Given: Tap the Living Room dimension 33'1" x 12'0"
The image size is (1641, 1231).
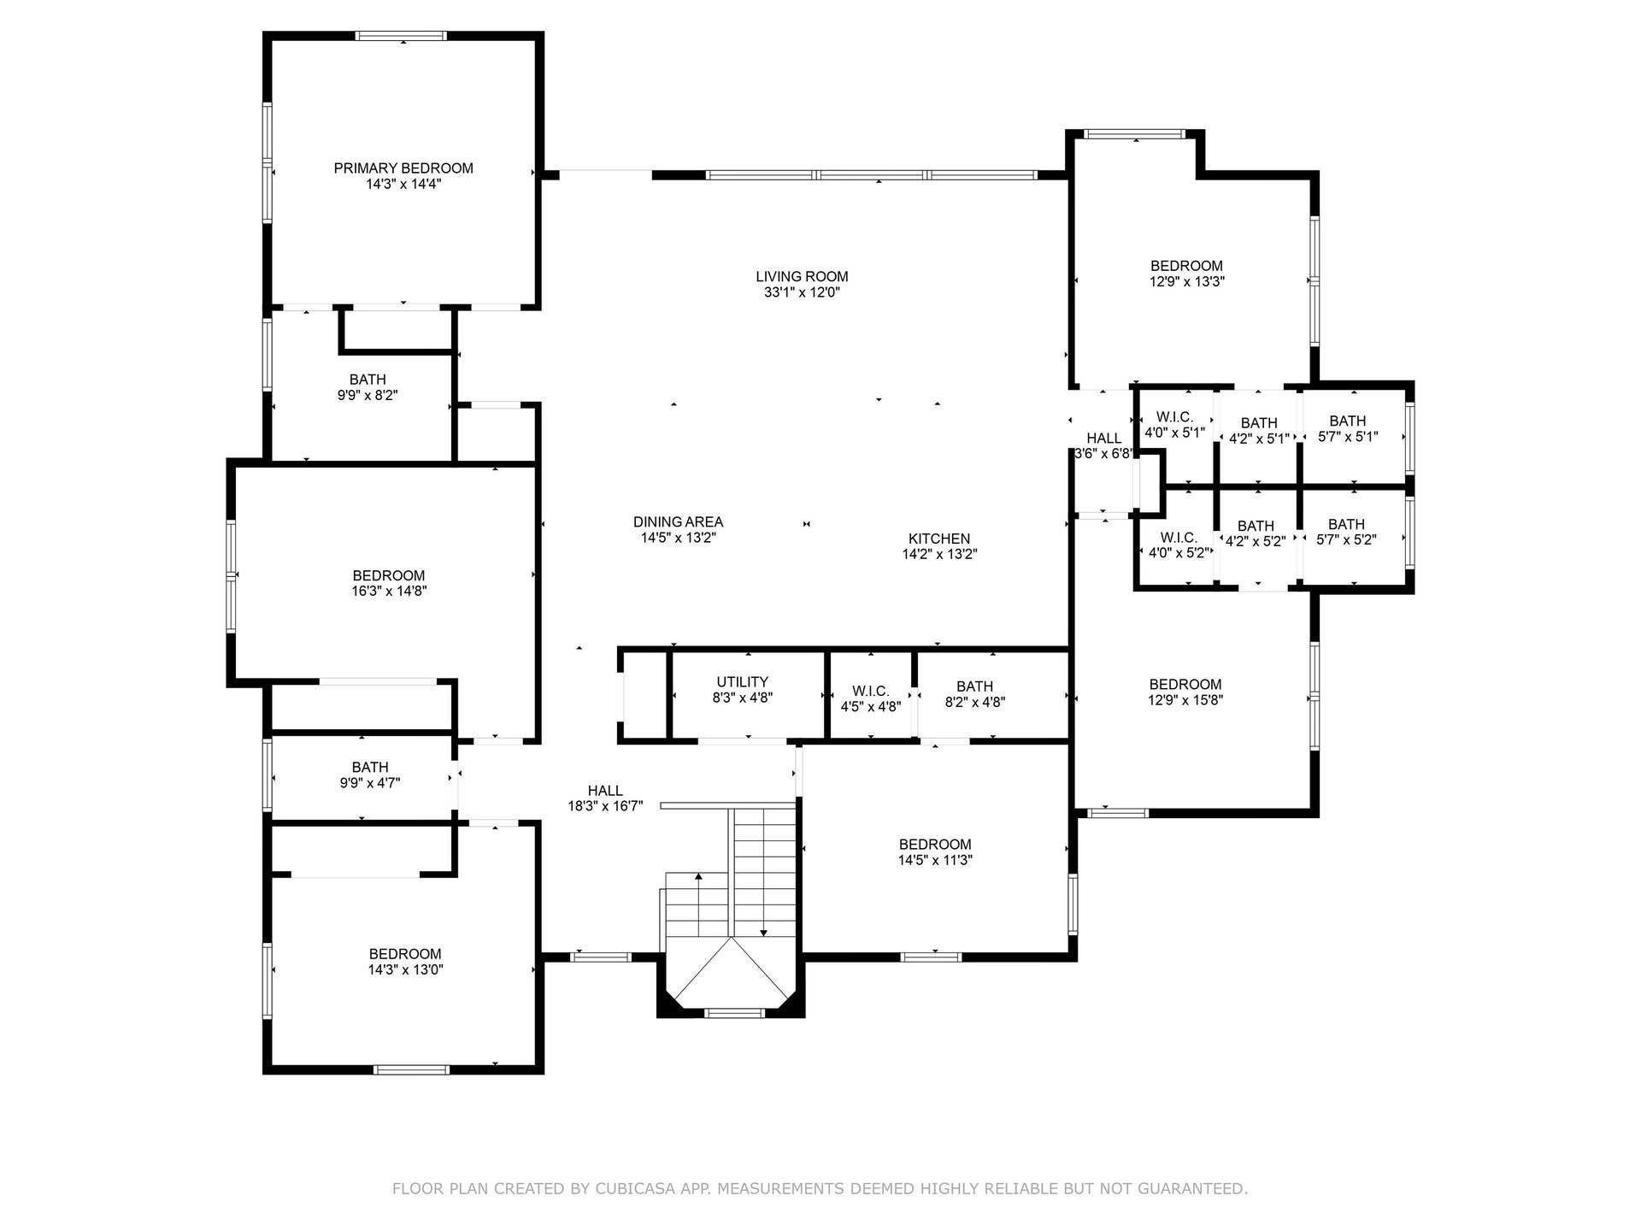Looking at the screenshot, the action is (802, 292).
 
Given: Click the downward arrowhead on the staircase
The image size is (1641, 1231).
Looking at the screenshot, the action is (763, 933).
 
